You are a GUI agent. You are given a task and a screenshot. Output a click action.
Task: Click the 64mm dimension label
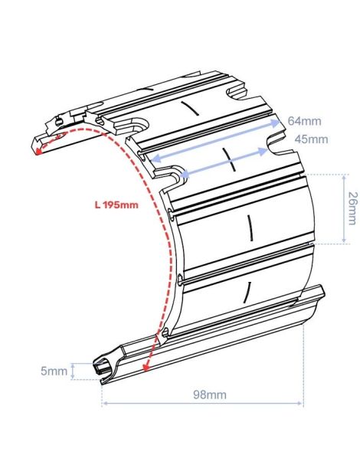pos(305,121)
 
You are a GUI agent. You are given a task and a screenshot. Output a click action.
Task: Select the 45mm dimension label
pos(311,139)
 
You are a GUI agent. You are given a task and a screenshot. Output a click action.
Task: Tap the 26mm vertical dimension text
pos(352,208)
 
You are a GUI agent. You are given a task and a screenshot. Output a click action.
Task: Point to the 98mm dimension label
pos(210,394)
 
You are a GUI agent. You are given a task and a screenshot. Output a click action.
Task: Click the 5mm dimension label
pos(54,371)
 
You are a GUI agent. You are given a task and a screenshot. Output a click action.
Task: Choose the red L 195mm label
pos(116,205)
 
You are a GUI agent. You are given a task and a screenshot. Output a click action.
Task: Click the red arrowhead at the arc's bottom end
pos(146,368)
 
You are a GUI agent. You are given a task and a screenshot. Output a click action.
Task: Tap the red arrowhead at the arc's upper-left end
pos(38,151)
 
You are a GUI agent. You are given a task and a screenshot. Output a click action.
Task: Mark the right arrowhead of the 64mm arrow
pos(276,123)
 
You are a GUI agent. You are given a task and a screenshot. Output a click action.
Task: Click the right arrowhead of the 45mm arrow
pos(263,152)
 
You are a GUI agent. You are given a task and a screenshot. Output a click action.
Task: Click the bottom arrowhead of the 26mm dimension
pos(344,240)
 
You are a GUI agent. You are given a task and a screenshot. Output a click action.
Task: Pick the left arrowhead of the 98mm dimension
pos(104,403)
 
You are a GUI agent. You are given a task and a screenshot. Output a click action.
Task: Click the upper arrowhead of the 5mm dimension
pos(73,365)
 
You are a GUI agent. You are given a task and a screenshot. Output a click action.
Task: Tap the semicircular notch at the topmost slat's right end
pos(237,91)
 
